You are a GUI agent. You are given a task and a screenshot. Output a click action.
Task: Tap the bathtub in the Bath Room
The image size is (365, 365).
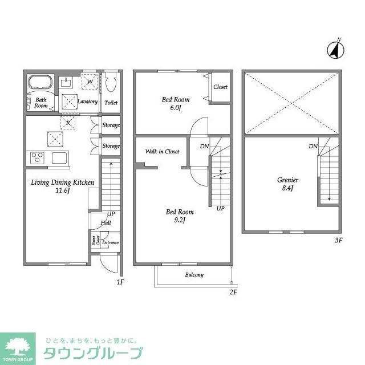pyautogui.click(x=40, y=83)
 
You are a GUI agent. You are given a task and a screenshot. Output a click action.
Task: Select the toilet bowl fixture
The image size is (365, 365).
pyautogui.click(x=111, y=84)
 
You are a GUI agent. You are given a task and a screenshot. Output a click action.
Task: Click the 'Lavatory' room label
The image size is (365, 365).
pyautogui.click(x=87, y=102)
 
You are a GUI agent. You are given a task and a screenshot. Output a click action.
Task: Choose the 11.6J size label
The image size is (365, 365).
pyautogui.click(x=62, y=191)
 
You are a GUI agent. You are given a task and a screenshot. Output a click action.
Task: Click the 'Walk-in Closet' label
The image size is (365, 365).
pyautogui.click(x=162, y=152)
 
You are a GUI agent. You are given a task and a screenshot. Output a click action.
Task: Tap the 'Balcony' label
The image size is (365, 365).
pyautogui.click(x=194, y=274)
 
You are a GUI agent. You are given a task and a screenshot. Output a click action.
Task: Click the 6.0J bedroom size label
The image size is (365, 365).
pyautogui.click(x=175, y=108)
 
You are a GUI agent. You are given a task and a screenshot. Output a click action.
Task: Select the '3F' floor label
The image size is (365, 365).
pyautogui.click(x=338, y=240)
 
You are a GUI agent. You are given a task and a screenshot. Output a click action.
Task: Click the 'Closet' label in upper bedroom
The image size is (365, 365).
pyautogui.click(x=221, y=87)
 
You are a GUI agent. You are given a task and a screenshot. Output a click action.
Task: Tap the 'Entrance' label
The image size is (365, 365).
pyautogui.click(x=111, y=242)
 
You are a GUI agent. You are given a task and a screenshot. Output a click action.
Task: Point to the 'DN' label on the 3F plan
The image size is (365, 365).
pyautogui.click(x=313, y=147)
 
